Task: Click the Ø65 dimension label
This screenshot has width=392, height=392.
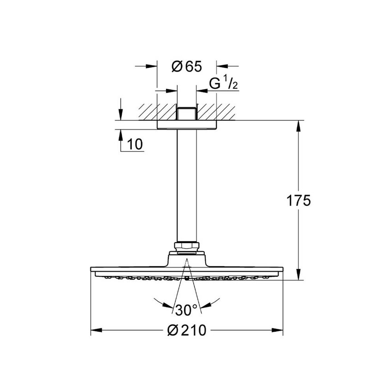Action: coord(187,67)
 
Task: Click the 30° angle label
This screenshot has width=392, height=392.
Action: coord(186,309)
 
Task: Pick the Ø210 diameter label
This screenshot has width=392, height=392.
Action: coord(187,330)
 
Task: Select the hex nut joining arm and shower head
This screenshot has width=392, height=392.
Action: coord(186,248)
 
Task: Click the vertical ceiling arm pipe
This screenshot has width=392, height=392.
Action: coord(186,184)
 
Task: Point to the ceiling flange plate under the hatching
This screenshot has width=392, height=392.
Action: coord(186,125)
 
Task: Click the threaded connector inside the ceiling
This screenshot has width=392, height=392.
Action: coord(186,113)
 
